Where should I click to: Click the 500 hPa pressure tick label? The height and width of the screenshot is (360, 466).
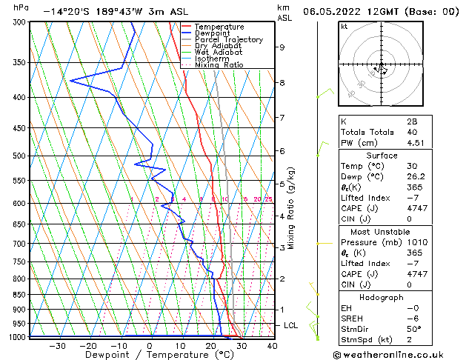(19, 156)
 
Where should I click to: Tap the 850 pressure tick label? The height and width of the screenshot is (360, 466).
(19, 295)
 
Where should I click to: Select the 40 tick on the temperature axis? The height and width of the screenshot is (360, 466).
(272, 345)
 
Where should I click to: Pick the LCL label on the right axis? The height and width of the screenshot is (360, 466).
(292, 325)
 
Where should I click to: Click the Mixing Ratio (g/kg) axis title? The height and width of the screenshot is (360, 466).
(291, 207)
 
